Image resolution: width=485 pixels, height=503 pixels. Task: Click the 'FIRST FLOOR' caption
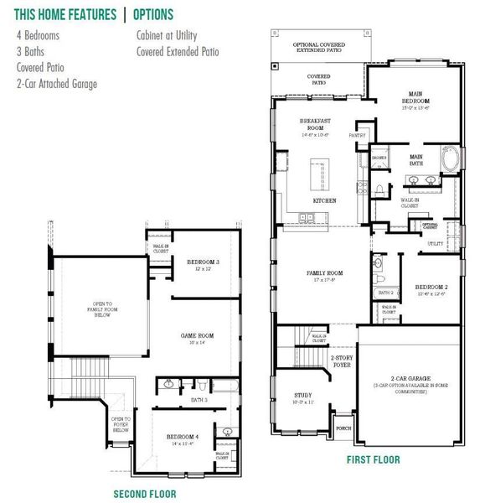[x=373, y=459]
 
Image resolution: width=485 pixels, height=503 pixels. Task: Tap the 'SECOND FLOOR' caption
[x=145, y=494]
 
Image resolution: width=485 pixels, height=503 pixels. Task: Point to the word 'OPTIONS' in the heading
[x=153, y=14]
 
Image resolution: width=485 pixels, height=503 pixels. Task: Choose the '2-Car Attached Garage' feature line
[x=57, y=83]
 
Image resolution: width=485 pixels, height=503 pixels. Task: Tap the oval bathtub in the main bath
[x=451, y=159]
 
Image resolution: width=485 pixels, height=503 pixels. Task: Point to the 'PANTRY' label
[x=358, y=134]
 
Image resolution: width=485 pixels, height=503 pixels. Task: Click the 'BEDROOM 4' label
[x=182, y=437]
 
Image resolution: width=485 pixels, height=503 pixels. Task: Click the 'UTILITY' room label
[x=435, y=243]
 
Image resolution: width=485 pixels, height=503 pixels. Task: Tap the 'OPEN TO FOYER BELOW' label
[x=121, y=425]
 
